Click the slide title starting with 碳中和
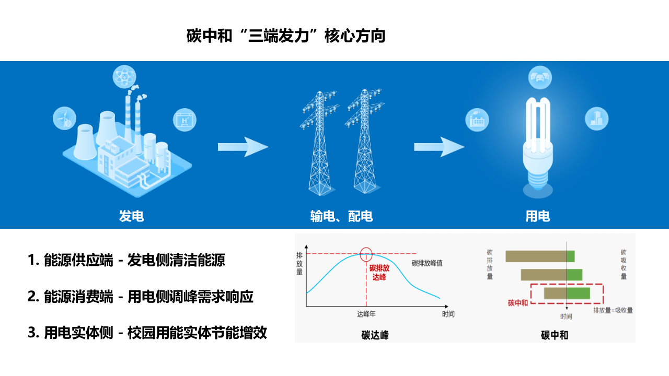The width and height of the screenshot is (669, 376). (x=286, y=37)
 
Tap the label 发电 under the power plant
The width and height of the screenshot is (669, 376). (x=132, y=216)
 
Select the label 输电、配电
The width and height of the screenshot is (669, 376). (x=341, y=216)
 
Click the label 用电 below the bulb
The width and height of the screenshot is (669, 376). (x=538, y=216)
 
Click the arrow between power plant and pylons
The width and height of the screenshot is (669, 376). (x=243, y=147)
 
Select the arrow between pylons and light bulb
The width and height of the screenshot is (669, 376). (x=439, y=147)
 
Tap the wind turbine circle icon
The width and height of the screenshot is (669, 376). (x=65, y=118)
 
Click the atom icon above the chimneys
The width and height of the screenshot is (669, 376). (x=124, y=77)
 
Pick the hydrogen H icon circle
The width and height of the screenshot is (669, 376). (x=184, y=119)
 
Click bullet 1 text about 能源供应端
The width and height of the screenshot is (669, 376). (x=126, y=260)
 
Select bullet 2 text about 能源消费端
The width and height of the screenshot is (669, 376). (x=141, y=297)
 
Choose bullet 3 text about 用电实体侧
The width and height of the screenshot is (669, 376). (x=147, y=333)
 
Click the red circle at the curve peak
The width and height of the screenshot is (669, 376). (x=366, y=254)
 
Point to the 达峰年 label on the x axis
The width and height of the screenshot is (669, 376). (x=366, y=314)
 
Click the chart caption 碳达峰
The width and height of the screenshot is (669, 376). (x=374, y=335)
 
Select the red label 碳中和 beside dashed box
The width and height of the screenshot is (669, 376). (x=517, y=303)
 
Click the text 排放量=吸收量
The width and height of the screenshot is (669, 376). (x=613, y=310)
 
